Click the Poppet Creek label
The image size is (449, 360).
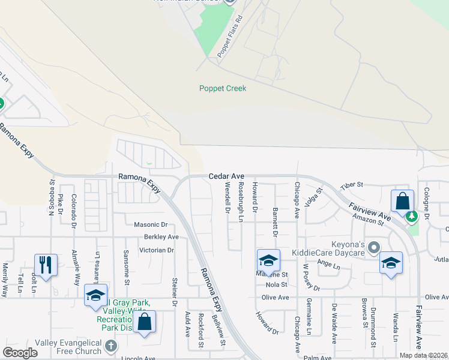[223, 89]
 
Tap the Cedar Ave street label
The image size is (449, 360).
[226, 176]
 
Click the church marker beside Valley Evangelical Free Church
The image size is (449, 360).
[110, 346]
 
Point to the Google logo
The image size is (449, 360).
[20, 352]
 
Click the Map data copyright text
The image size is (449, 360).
[423, 355]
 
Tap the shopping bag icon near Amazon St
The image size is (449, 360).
[402, 200]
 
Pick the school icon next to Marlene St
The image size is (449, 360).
[268, 260]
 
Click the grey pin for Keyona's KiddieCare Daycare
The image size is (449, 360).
[375, 247]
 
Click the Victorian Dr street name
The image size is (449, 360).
[156, 250]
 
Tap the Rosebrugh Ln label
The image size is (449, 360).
[241, 202]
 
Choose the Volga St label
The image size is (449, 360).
[314, 197]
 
